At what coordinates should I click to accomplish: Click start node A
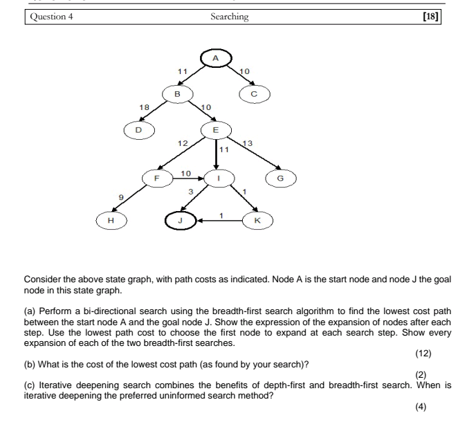click(216, 59)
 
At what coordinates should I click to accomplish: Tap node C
click(254, 94)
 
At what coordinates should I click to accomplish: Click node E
click(216, 129)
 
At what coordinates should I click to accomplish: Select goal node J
click(179, 221)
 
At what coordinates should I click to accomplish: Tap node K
click(258, 221)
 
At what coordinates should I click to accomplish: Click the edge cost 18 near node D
click(145, 108)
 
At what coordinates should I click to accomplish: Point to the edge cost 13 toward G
click(250, 143)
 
